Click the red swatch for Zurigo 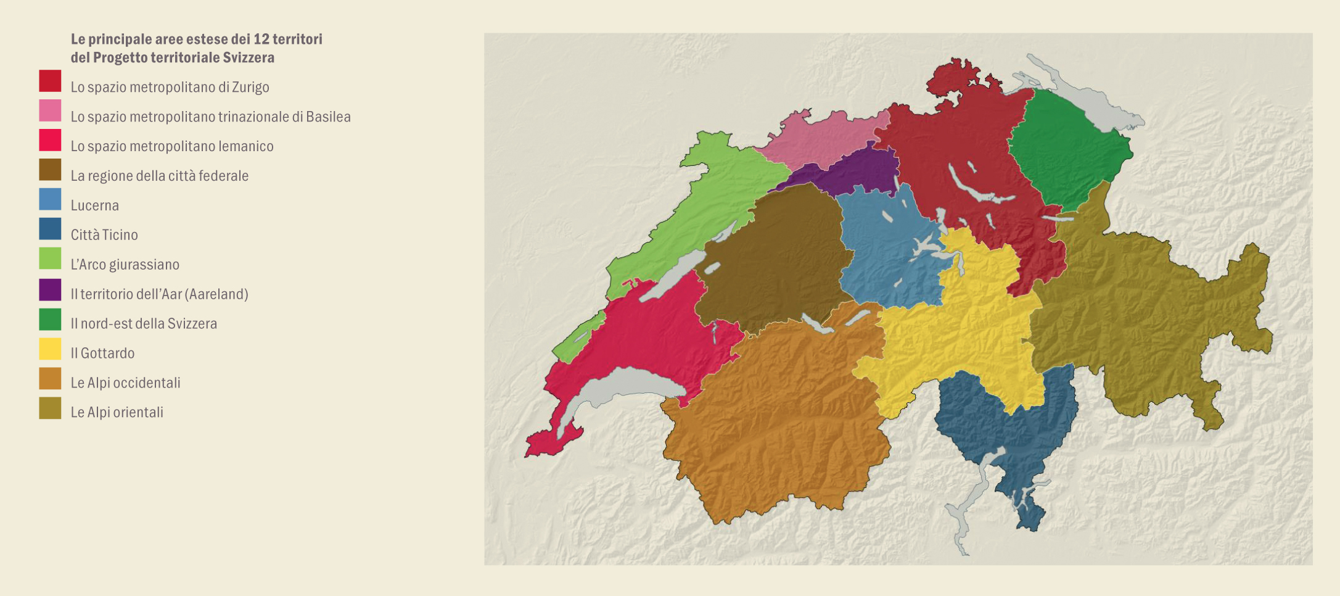(50, 81)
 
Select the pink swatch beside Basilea (50, 110)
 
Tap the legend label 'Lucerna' (94, 205)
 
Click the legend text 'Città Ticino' (104, 235)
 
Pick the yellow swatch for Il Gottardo (50, 349)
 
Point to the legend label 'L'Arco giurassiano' (125, 265)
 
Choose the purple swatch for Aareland (50, 289)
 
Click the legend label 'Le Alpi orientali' (117, 412)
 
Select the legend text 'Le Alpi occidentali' (125, 383)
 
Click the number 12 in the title (261, 39)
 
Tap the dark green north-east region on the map (1067, 148)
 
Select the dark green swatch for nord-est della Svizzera (50, 319)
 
